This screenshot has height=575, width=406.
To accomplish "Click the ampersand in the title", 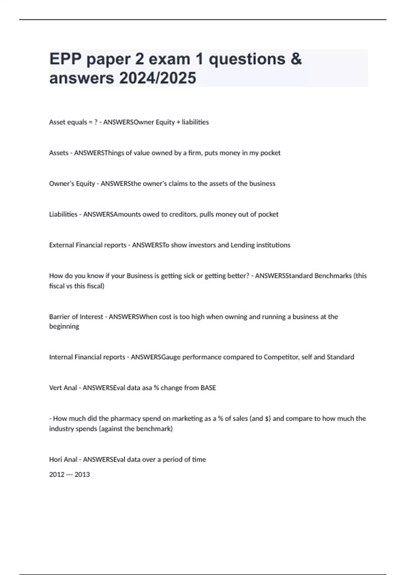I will pyautogui.click(x=296, y=59).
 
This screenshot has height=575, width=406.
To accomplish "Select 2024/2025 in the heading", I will pyautogui.click(x=157, y=78).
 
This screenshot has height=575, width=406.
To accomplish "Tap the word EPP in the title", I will pyautogui.click(x=65, y=59).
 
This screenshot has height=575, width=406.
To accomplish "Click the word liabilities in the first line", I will pyautogui.click(x=195, y=122).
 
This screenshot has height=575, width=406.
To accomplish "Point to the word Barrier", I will pyautogui.click(x=60, y=317).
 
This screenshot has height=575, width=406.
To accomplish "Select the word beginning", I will pyautogui.click(x=64, y=326).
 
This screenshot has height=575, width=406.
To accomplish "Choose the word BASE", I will pyautogui.click(x=208, y=388).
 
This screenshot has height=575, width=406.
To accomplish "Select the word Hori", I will pyautogui.click(x=55, y=459).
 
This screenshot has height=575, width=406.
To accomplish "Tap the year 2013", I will pyautogui.click(x=82, y=475).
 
